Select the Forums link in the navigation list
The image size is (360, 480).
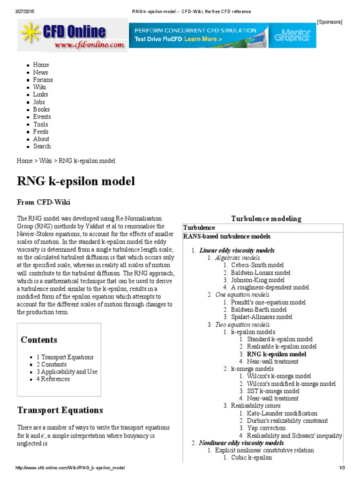[x=43, y=80]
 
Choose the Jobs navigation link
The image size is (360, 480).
[x=39, y=102]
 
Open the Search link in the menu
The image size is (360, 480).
[x=42, y=146]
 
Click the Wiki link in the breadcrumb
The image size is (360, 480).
[x=45, y=161]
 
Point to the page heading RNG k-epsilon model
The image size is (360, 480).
[x=76, y=181]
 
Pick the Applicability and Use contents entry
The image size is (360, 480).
[x=69, y=372]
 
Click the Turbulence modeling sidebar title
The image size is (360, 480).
[x=266, y=218]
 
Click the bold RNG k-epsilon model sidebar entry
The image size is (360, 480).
[x=277, y=354]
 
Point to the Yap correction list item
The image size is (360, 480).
[x=266, y=428]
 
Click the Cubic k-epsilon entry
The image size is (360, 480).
[x=251, y=457]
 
